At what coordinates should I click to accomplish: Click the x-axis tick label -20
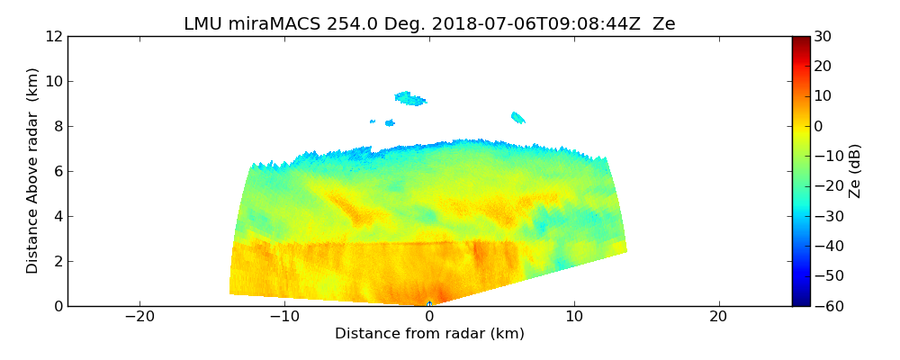coord(139,317)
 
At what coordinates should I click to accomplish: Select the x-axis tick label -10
coord(284,317)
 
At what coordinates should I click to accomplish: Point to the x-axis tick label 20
coord(718,317)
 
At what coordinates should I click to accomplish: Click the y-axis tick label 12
coord(53,36)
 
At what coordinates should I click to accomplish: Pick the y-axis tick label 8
coord(57,126)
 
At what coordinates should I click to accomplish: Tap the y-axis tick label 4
coord(57,216)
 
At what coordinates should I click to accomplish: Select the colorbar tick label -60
coord(826,306)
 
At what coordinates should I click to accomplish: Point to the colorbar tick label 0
coord(818,126)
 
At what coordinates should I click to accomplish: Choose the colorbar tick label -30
coord(826,216)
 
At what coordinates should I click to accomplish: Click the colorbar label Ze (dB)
coord(855,171)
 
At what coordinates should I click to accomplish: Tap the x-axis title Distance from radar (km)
coord(429,334)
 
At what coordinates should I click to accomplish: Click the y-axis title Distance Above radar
coord(32,170)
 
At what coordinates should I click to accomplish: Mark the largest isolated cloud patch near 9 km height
coord(411,98)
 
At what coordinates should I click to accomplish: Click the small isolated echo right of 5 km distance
coord(517,117)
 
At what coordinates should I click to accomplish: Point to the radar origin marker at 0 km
coord(429,304)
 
